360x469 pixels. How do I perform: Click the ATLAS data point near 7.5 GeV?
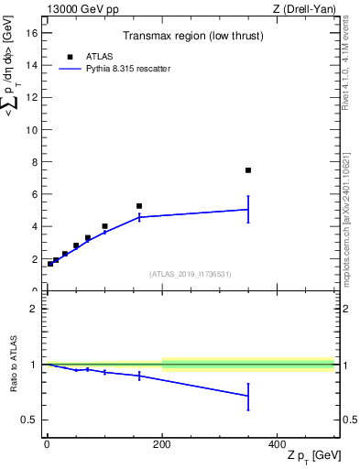pyautogui.click(x=248, y=170)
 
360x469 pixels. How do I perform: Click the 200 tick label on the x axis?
pyautogui.click(x=161, y=445)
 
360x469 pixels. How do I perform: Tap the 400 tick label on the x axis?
pyautogui.click(x=277, y=445)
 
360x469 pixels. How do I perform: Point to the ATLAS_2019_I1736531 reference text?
pyautogui.click(x=191, y=274)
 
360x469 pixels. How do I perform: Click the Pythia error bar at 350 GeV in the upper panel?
pyautogui.click(x=248, y=209)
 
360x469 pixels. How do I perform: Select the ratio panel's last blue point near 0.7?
pyautogui.click(x=248, y=396)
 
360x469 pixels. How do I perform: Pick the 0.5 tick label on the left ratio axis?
pyautogui.click(x=30, y=420)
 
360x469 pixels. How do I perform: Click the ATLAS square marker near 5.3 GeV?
pyautogui.click(x=139, y=206)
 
